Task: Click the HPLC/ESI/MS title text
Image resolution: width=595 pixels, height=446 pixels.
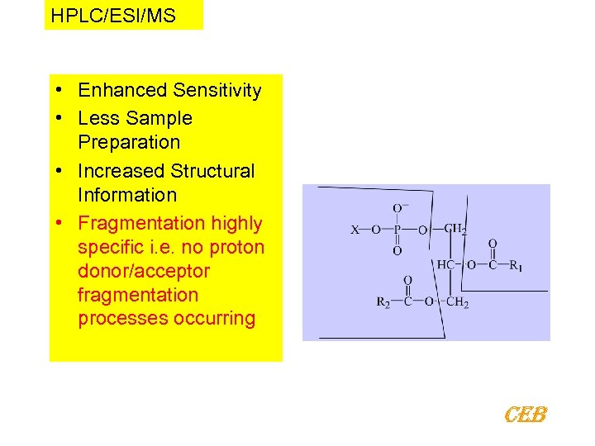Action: (x=113, y=16)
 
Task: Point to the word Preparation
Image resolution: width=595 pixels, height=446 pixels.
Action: (x=129, y=142)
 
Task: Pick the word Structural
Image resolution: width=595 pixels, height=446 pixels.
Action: (x=212, y=171)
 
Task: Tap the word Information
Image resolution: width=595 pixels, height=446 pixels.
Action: (x=127, y=195)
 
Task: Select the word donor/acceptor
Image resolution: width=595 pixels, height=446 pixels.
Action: (x=144, y=271)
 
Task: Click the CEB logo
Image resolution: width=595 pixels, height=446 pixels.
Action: (x=526, y=414)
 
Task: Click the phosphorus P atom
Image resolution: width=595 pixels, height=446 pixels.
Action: (x=397, y=230)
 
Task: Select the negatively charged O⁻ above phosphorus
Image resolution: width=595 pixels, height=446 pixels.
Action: (x=399, y=208)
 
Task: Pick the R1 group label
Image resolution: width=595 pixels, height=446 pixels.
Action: (x=516, y=266)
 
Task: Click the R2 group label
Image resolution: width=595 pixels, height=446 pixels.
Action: (x=383, y=303)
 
